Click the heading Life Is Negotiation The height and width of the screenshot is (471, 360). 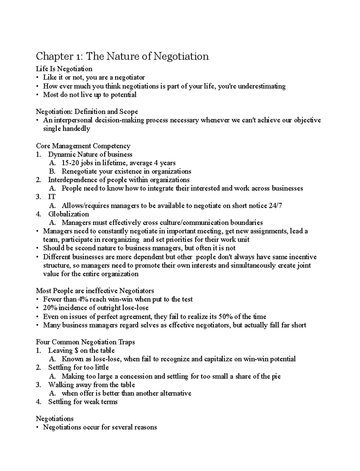click(64, 69)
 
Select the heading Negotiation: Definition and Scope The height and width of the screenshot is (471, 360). click(87, 112)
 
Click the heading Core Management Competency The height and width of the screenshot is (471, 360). click(83, 146)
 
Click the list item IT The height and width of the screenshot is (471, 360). click(52, 197)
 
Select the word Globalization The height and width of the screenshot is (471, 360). click(68, 214)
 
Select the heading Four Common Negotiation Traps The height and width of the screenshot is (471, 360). click(85, 342)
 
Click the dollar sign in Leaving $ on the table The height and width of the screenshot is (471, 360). click(76, 351)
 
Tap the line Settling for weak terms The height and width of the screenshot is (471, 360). click(83, 402)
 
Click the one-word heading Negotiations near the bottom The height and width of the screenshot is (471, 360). click(55, 418)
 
